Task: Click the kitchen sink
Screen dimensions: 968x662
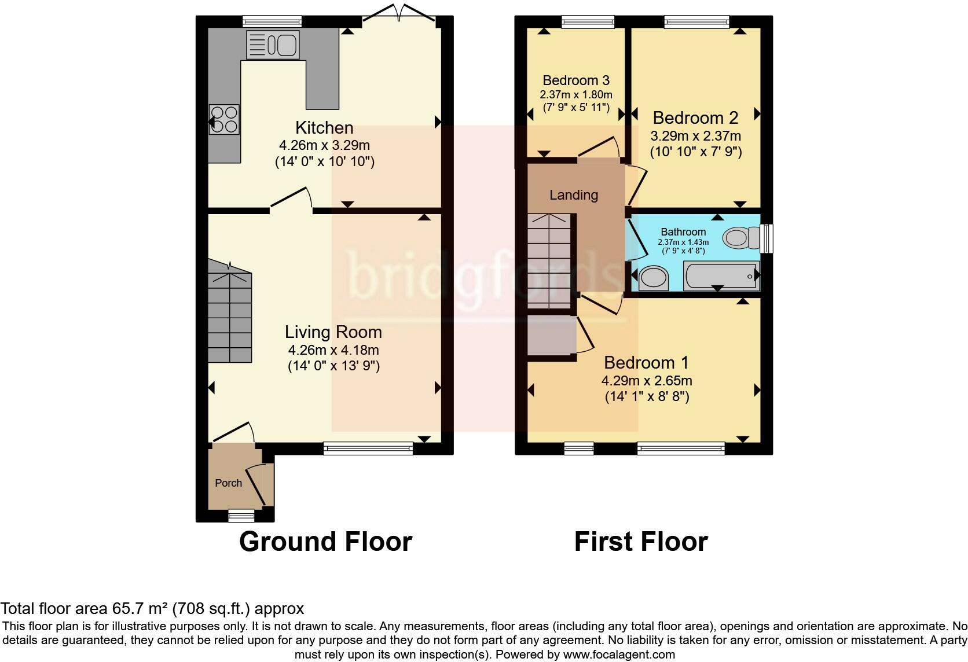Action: (273, 45)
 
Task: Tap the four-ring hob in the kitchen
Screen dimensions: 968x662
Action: (224, 119)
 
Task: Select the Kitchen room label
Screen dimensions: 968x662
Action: (324, 128)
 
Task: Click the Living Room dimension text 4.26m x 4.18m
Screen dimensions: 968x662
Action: (333, 350)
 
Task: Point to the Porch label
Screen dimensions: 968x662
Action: (229, 483)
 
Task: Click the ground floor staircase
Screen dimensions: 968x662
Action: (230, 311)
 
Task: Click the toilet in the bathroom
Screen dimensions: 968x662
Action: (741, 237)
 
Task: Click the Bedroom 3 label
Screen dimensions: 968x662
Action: (576, 80)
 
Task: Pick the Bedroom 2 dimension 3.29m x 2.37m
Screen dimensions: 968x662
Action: (696, 136)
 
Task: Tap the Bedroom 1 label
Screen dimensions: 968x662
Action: (646, 363)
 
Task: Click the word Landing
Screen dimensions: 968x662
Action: (574, 195)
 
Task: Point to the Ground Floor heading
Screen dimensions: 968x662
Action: (325, 542)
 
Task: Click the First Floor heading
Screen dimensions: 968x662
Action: (641, 542)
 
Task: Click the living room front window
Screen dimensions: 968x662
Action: (369, 448)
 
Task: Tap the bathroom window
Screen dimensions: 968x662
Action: (767, 238)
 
